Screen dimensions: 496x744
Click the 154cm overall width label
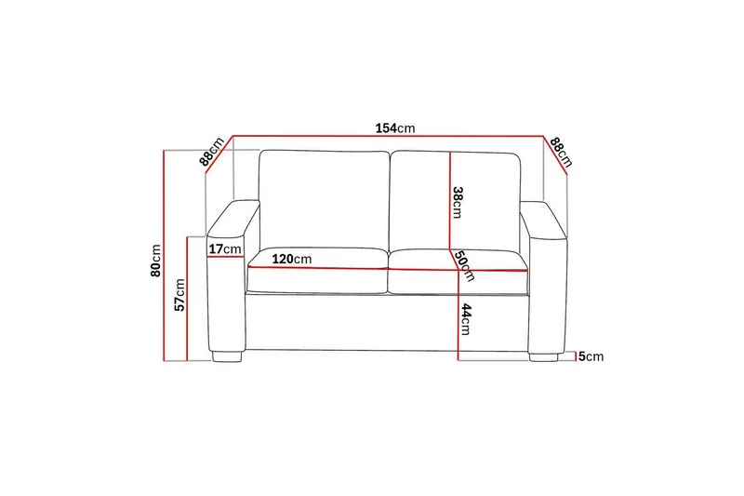(x=394, y=127)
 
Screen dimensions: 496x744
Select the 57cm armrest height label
(x=180, y=294)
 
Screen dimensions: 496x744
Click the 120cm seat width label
(x=291, y=259)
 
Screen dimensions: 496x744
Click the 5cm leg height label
(x=591, y=356)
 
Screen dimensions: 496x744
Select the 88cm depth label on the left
(x=212, y=152)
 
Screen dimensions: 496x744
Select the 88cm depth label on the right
(x=560, y=151)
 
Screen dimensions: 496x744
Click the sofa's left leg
(x=227, y=355)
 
